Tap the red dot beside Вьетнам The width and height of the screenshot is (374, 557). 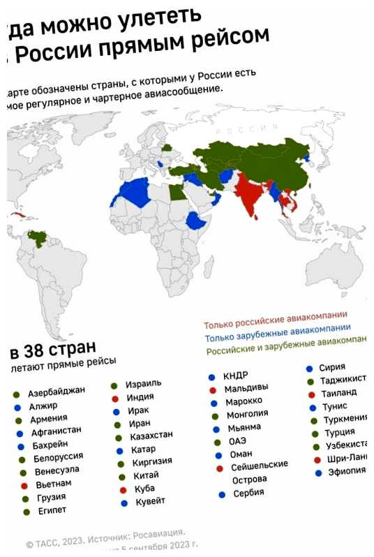coord(23,485)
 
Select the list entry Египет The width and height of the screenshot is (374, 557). coord(52,510)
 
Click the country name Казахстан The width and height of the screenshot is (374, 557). coord(151,436)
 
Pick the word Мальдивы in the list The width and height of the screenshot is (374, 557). coord(247,388)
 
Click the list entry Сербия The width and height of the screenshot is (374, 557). coord(249,493)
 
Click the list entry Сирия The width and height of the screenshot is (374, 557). coord(332,367)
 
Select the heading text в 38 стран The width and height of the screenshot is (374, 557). coord(52,348)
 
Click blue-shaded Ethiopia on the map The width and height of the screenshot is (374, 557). coord(197,223)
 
